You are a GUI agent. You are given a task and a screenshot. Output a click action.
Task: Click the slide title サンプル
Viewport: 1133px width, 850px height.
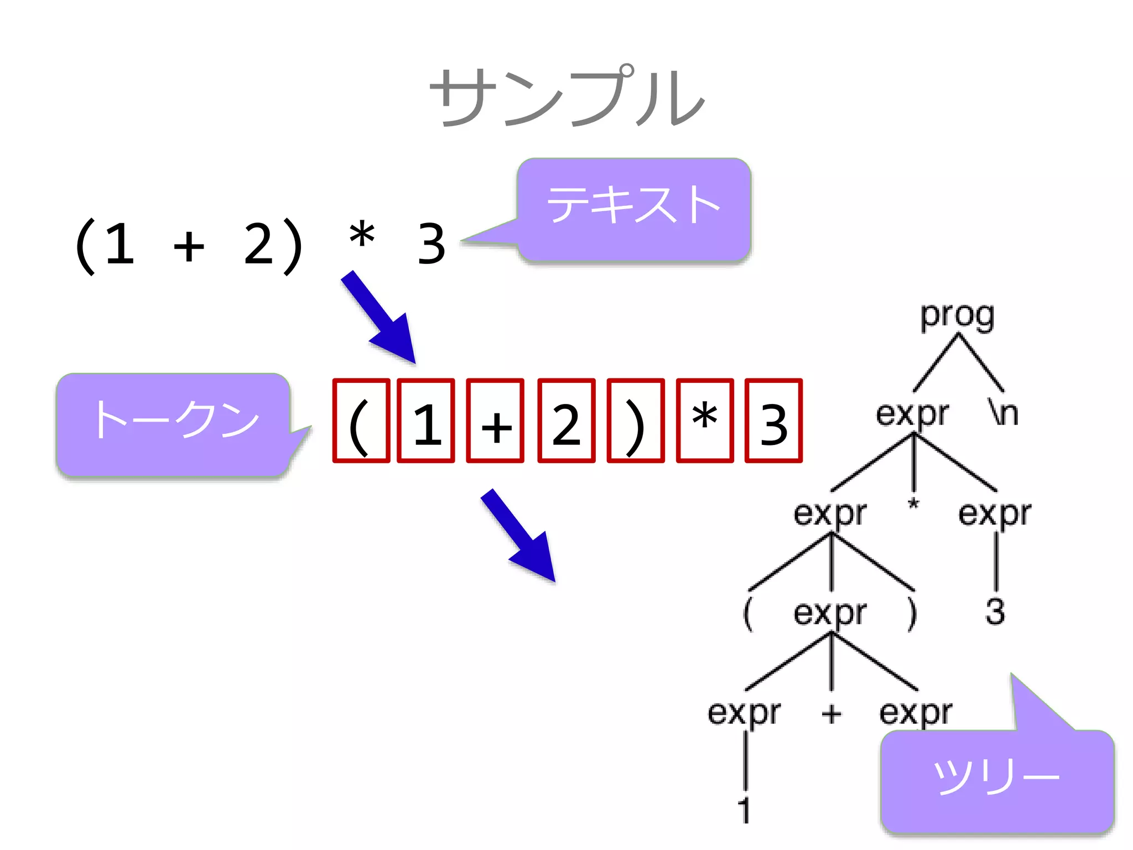point(566,97)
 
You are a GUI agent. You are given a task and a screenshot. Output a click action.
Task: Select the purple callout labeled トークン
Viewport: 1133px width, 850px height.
point(174,424)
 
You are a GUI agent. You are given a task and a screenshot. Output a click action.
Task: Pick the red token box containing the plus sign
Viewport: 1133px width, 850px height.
point(495,421)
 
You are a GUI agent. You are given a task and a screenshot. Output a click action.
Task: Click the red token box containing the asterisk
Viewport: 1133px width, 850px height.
point(705,421)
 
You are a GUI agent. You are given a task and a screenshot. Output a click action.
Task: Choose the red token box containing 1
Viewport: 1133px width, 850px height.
point(426,421)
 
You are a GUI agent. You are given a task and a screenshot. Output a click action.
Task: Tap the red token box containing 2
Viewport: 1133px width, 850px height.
point(566,421)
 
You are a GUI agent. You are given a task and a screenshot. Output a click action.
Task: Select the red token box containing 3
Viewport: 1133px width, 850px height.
point(773,421)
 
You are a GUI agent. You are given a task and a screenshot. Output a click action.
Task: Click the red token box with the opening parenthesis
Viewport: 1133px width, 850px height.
point(361,421)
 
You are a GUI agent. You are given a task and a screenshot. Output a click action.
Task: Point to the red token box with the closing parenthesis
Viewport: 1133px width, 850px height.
point(636,421)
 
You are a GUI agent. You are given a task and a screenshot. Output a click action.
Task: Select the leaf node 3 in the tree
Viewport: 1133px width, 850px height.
point(995,612)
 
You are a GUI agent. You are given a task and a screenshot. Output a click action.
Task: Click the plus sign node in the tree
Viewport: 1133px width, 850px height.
point(831,714)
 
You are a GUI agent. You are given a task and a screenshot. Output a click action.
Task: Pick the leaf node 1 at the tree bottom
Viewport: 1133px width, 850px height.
point(745,810)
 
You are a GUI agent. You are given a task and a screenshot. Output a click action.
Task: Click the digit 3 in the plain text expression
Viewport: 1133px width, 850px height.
point(432,243)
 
